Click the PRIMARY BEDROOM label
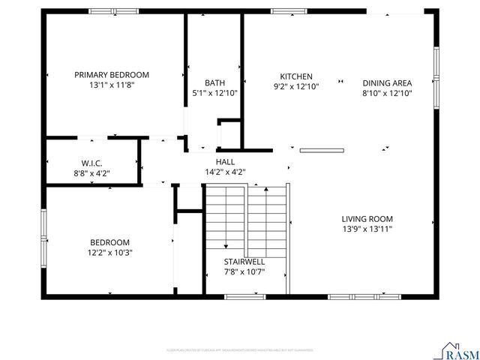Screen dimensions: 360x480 pos(112,75)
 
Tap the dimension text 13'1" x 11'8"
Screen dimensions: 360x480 pos(112,85)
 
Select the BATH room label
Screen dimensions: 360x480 pos(214,83)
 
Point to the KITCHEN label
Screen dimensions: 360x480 pos(296,76)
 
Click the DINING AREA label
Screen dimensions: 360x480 pos(387,83)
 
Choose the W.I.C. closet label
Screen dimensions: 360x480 pos(91,163)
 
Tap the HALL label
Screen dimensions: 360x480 pos(225,161)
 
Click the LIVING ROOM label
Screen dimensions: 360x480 pos(367,219)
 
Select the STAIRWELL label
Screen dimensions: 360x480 pos(244,262)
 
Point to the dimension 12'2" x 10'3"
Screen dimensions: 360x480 pos(110,253)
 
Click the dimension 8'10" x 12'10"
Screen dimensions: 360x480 pos(387,93)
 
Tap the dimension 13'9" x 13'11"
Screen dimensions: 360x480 pos(367,229)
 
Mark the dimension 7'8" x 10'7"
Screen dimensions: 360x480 pos(244,271)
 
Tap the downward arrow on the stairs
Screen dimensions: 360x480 pos(226,244)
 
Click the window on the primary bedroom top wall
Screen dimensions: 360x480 pos(113,11)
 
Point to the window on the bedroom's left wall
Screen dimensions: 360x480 pos(44,232)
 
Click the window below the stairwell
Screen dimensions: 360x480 pos(244,297)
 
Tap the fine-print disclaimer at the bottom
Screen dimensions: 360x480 pos(240,349)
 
